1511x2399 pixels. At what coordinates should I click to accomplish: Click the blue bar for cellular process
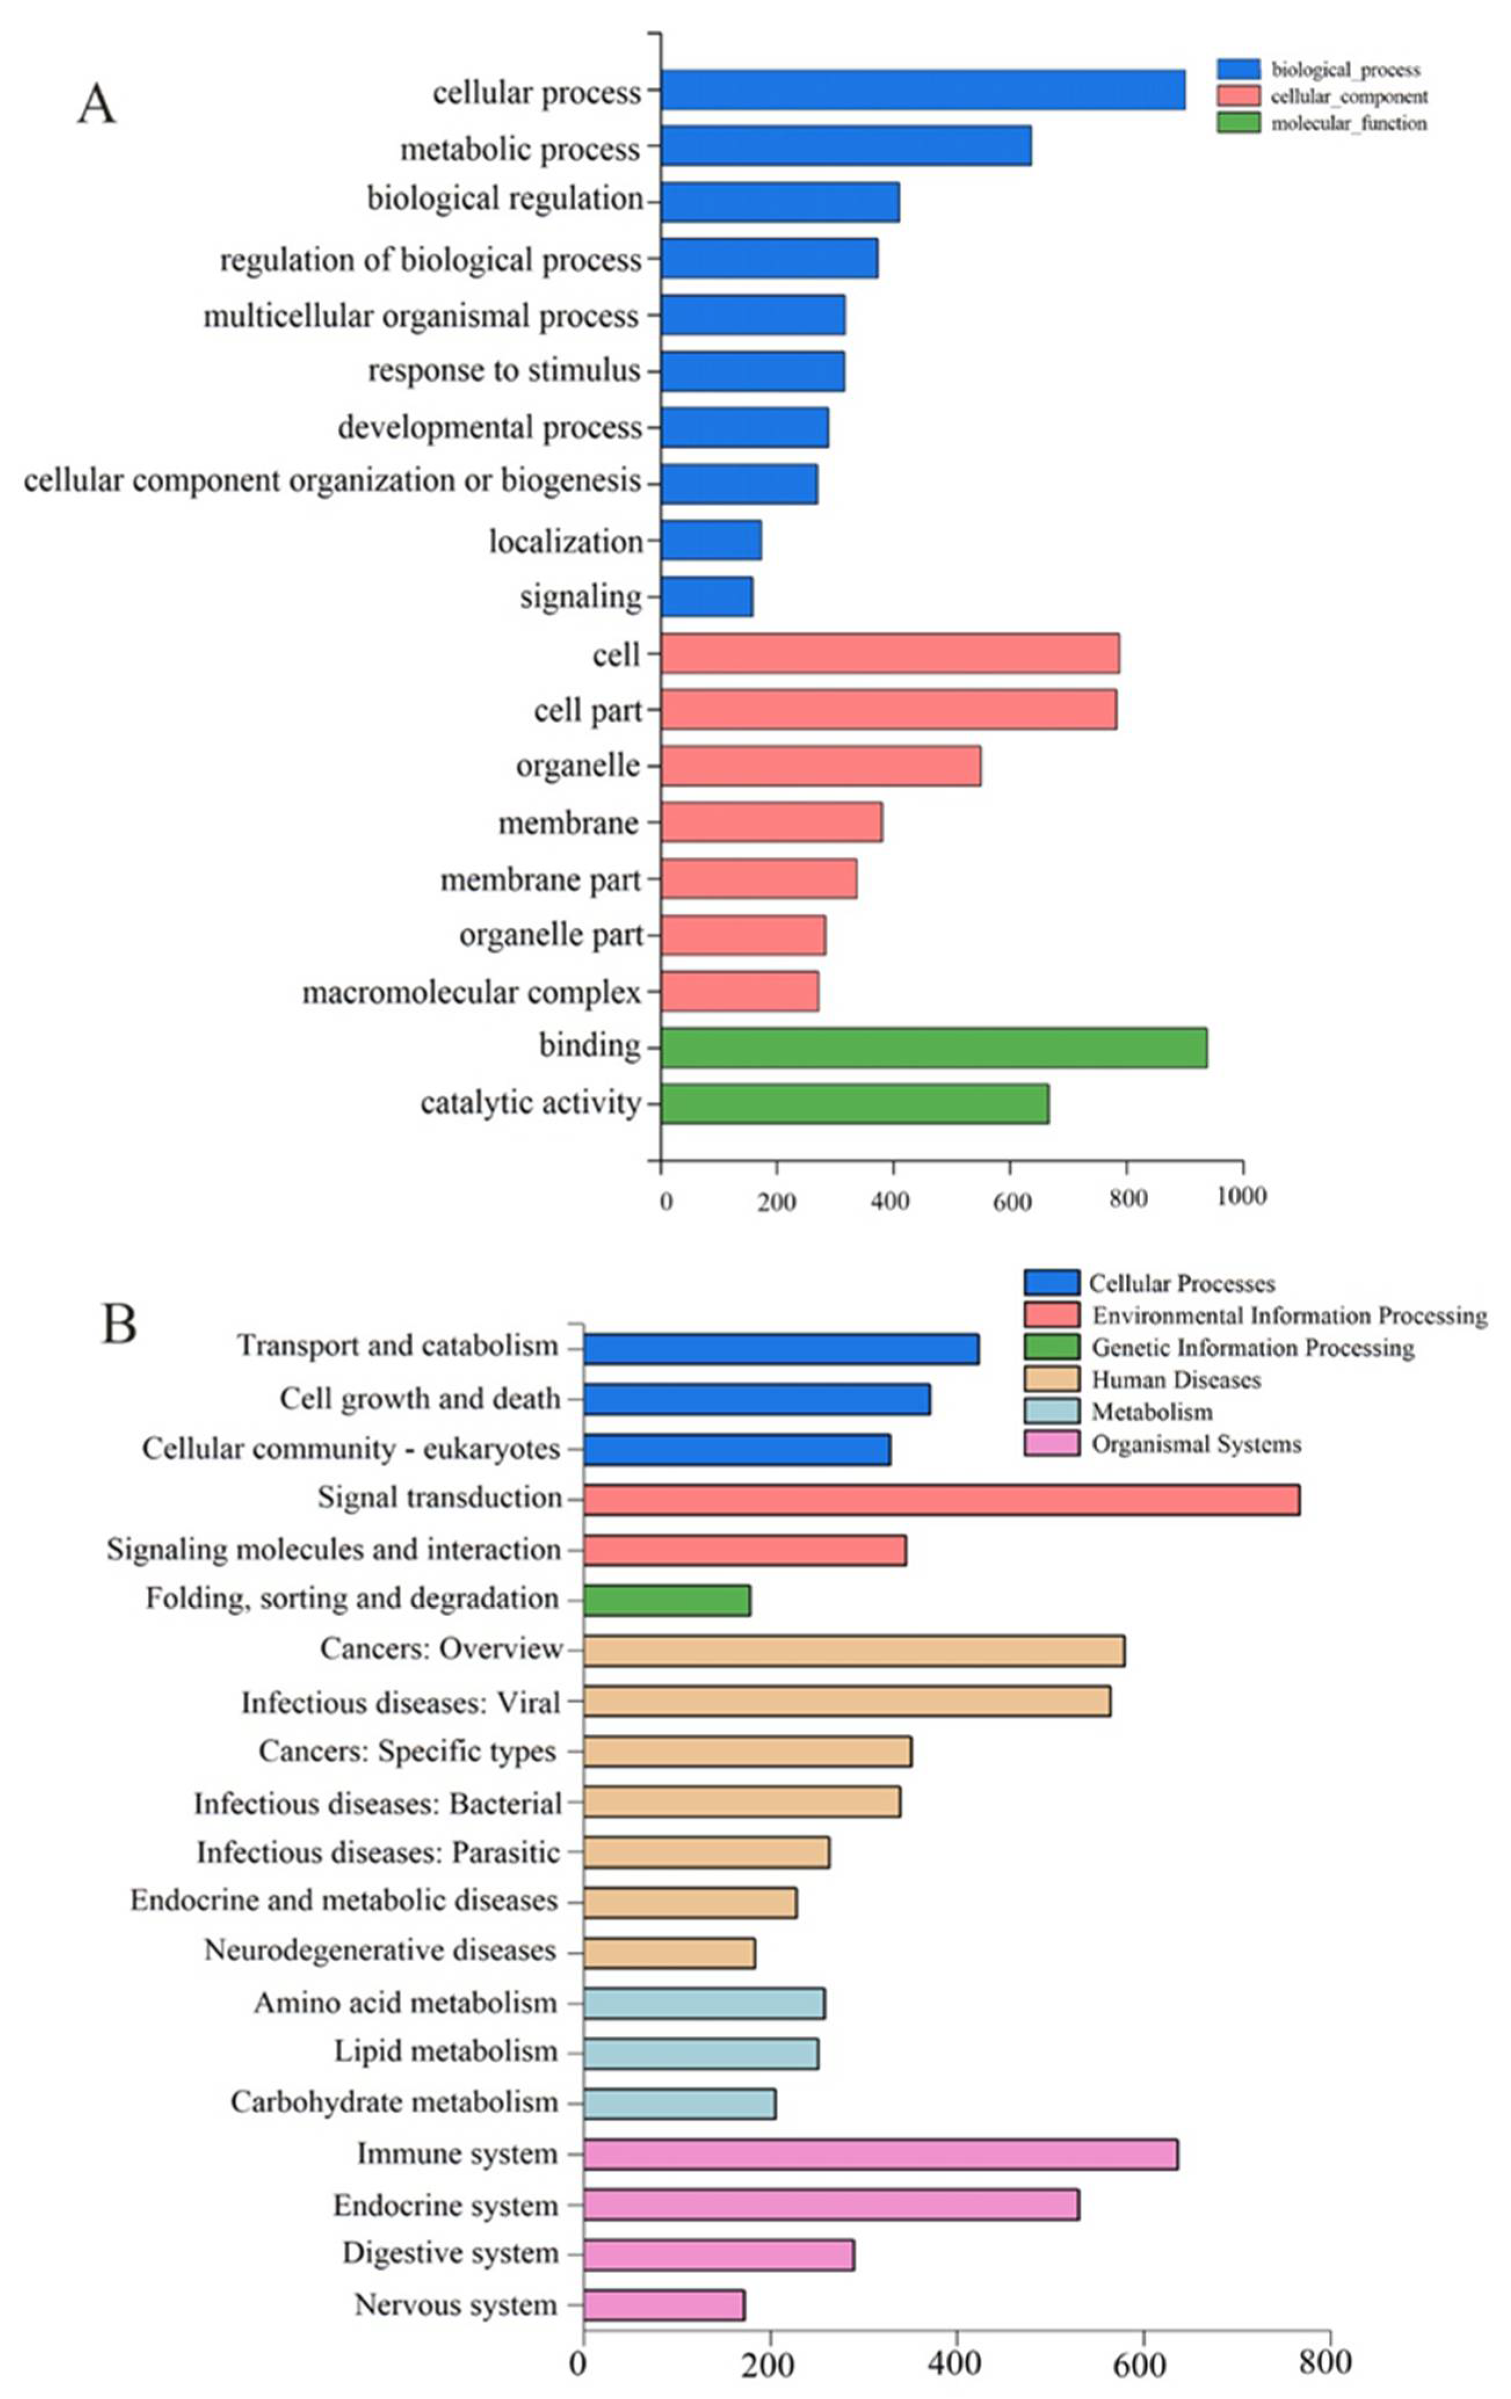click(x=922, y=90)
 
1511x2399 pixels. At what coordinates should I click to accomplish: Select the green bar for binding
click(x=934, y=1048)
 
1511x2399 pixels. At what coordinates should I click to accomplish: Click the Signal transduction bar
click(x=941, y=1500)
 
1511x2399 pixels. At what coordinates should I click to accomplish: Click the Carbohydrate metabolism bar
click(x=680, y=2104)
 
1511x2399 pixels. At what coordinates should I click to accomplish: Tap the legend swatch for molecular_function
click(x=1238, y=122)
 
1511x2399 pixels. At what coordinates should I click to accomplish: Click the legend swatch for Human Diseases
click(x=1051, y=1380)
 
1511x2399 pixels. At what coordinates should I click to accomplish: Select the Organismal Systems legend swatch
click(x=1051, y=1443)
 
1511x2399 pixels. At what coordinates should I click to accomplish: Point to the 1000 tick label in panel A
click(x=1241, y=1196)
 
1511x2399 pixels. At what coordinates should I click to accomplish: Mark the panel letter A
click(x=97, y=103)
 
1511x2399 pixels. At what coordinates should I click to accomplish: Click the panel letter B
click(x=119, y=1325)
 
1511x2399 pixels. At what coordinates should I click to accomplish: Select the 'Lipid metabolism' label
click(x=445, y=2051)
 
